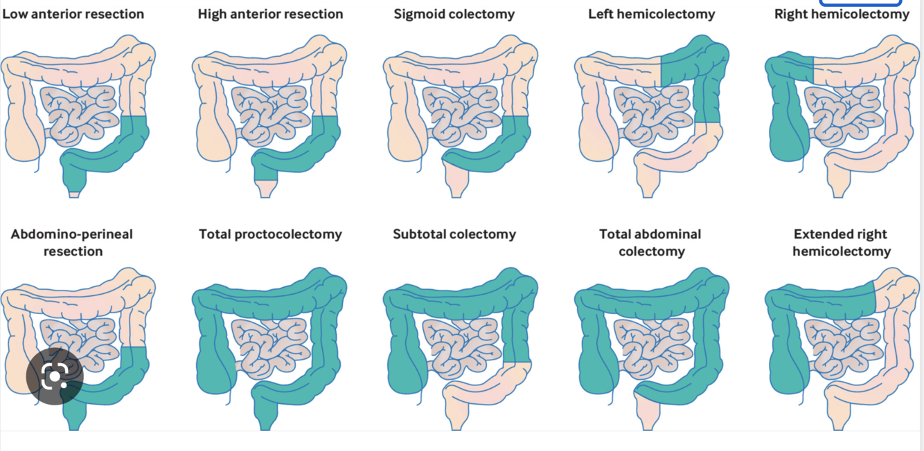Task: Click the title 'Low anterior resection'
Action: tap(73, 14)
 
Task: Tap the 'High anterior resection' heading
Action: tap(270, 14)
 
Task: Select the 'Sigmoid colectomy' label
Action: tap(454, 14)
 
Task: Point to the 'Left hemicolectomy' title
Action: tap(652, 14)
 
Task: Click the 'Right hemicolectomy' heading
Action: tap(842, 14)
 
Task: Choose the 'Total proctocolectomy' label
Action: tap(270, 234)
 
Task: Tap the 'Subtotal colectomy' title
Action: tap(454, 234)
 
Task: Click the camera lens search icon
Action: tap(55, 377)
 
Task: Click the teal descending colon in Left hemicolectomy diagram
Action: tap(707, 97)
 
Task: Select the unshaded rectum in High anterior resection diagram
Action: tap(265, 187)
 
